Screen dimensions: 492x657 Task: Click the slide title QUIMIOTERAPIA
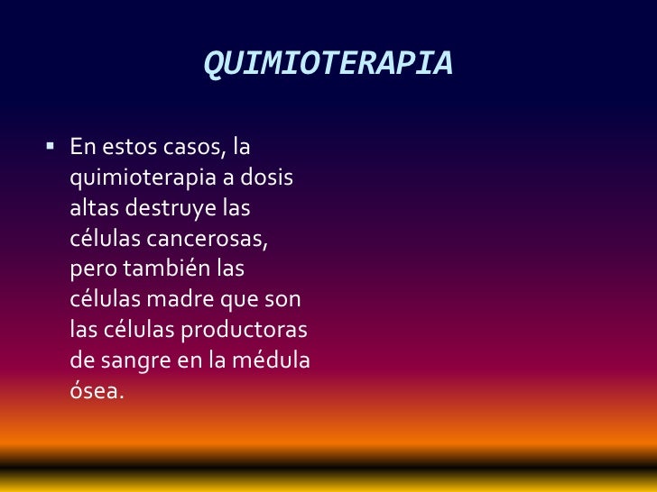pos(328,64)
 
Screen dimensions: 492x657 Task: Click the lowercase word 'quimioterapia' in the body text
pos(137,178)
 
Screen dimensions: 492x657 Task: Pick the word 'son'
pos(282,300)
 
